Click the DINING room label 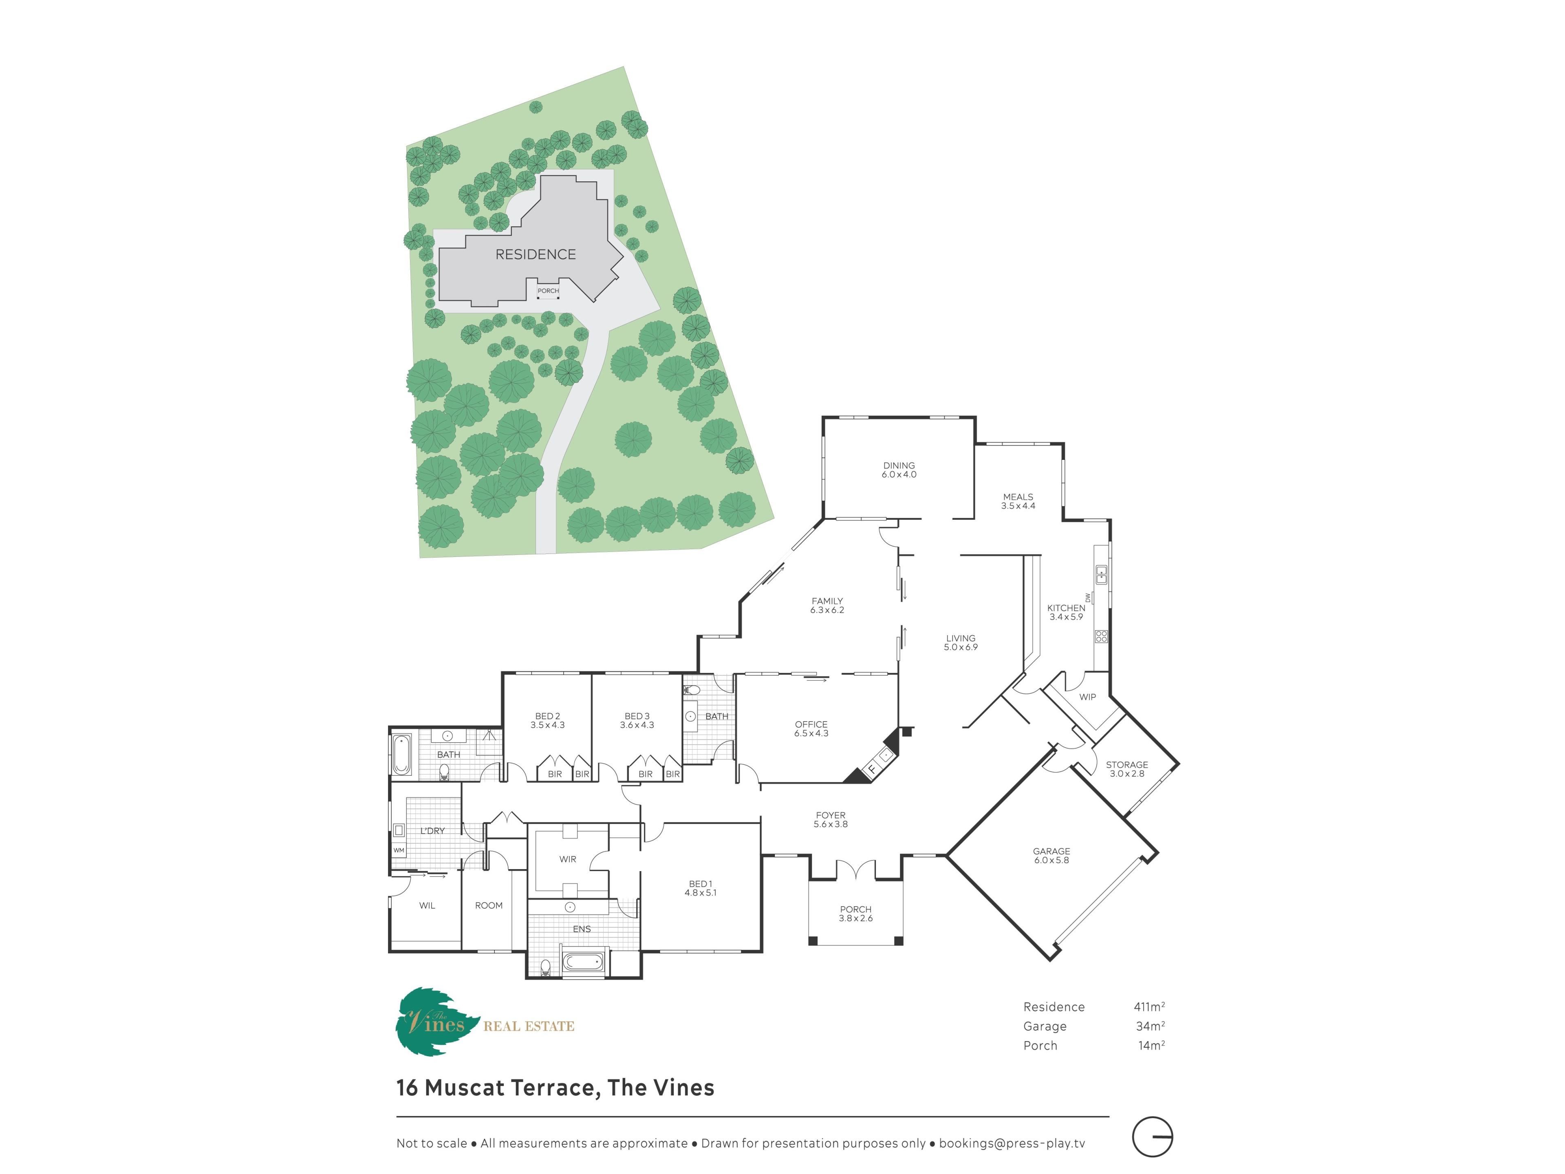(899, 466)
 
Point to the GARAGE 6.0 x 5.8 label (1051, 856)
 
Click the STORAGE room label (1127, 765)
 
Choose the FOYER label (831, 815)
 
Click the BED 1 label (701, 884)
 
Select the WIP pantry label (1087, 697)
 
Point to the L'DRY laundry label (432, 831)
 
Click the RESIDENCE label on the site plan (536, 254)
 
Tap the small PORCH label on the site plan (548, 291)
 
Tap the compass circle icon (1153, 1137)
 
